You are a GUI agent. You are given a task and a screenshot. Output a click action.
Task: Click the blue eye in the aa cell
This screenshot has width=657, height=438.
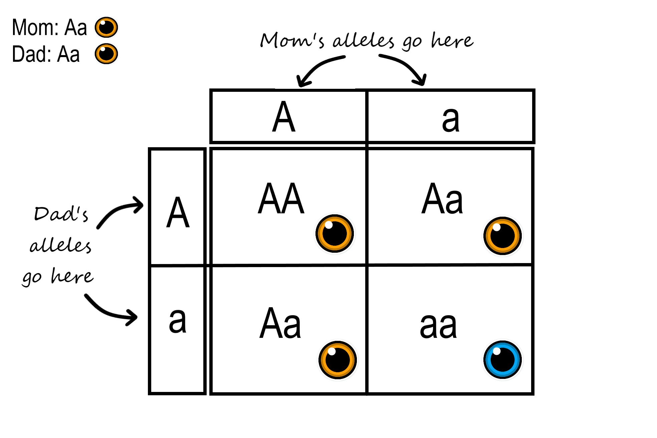tap(502, 360)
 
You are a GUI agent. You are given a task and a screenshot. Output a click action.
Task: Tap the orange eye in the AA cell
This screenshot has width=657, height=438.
tap(335, 233)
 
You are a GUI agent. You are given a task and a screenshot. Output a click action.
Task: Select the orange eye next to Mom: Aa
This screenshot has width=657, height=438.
tap(106, 27)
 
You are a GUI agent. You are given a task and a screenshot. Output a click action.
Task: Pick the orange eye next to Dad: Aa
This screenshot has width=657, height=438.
tap(106, 54)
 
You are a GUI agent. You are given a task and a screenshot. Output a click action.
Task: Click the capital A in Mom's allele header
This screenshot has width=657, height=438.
tap(284, 117)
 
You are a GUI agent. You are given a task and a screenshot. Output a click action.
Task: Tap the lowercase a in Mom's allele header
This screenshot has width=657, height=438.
tap(450, 119)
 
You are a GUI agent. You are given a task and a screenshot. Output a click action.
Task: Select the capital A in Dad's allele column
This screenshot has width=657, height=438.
tap(178, 212)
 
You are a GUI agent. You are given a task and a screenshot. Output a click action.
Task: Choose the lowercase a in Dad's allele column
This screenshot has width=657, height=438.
tap(177, 320)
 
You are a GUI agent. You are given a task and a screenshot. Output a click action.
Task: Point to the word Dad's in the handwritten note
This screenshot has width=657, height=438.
tap(61, 214)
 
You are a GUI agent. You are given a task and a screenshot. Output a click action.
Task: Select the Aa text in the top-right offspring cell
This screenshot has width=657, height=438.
tap(442, 199)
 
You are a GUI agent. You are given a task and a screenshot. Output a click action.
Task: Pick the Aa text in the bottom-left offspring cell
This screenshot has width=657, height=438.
tap(280, 324)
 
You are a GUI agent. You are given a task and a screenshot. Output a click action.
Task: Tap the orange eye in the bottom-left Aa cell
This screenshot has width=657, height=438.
tap(338, 360)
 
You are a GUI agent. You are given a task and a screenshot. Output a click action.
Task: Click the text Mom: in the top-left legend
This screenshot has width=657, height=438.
tap(35, 27)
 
